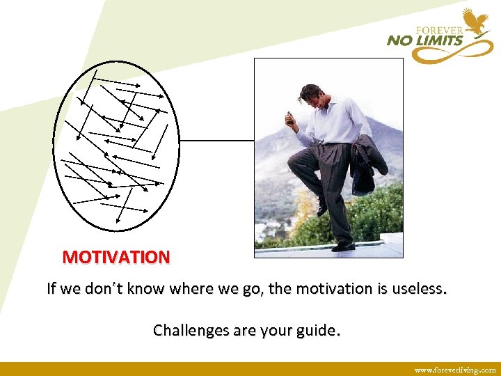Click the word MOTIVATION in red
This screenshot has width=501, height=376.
116,257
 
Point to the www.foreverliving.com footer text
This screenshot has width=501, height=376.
455,370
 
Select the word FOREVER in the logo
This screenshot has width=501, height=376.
439,30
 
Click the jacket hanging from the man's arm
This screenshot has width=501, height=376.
366,164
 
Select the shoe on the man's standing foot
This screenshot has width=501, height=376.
343,246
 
